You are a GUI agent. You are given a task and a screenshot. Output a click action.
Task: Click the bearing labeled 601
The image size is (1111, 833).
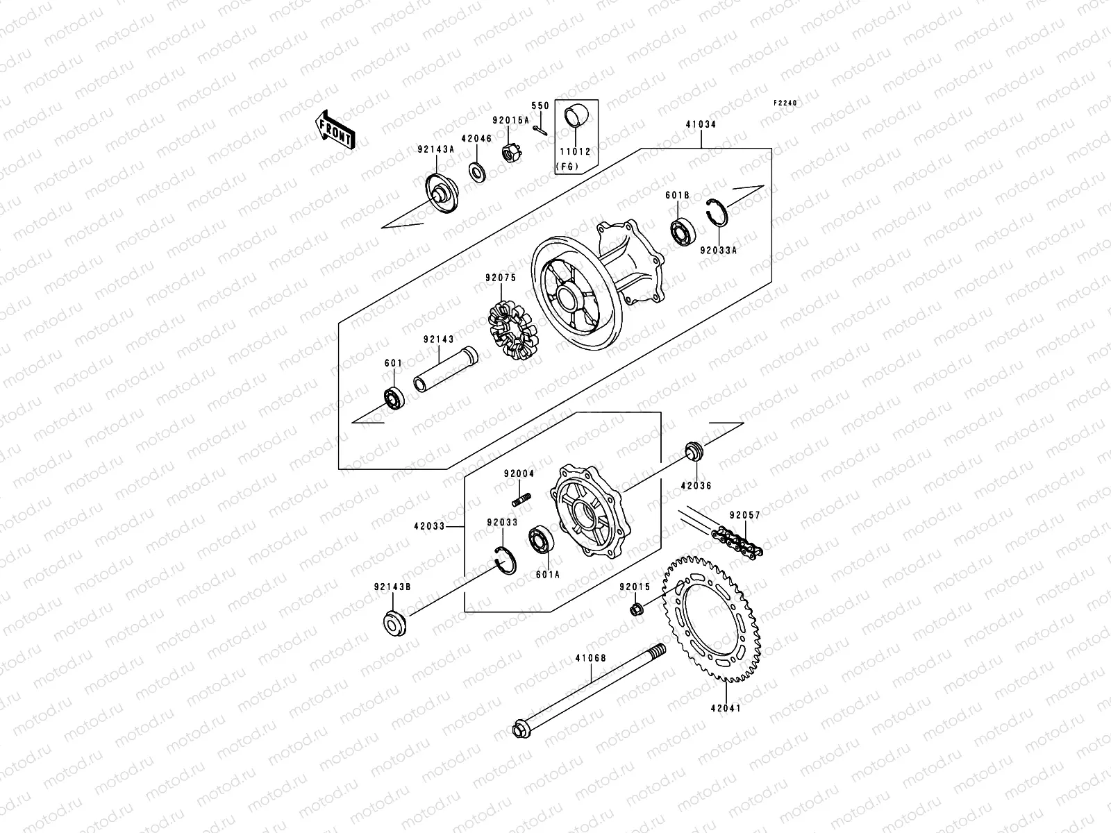tap(394, 398)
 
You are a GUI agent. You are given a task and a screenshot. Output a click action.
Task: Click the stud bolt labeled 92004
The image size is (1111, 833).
tap(522, 498)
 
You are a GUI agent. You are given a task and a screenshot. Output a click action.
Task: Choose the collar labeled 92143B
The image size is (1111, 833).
tap(394, 623)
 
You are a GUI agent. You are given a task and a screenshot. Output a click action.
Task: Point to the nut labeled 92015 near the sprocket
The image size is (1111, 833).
tap(635, 610)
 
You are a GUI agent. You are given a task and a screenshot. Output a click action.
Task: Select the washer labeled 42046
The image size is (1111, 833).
tap(476, 170)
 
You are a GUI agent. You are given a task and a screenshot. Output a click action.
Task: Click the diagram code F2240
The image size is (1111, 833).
tap(786, 103)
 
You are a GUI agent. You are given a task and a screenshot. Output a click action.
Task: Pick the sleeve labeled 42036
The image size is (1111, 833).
tap(692, 451)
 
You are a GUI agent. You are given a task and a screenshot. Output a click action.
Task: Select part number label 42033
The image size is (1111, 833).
tap(431, 527)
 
